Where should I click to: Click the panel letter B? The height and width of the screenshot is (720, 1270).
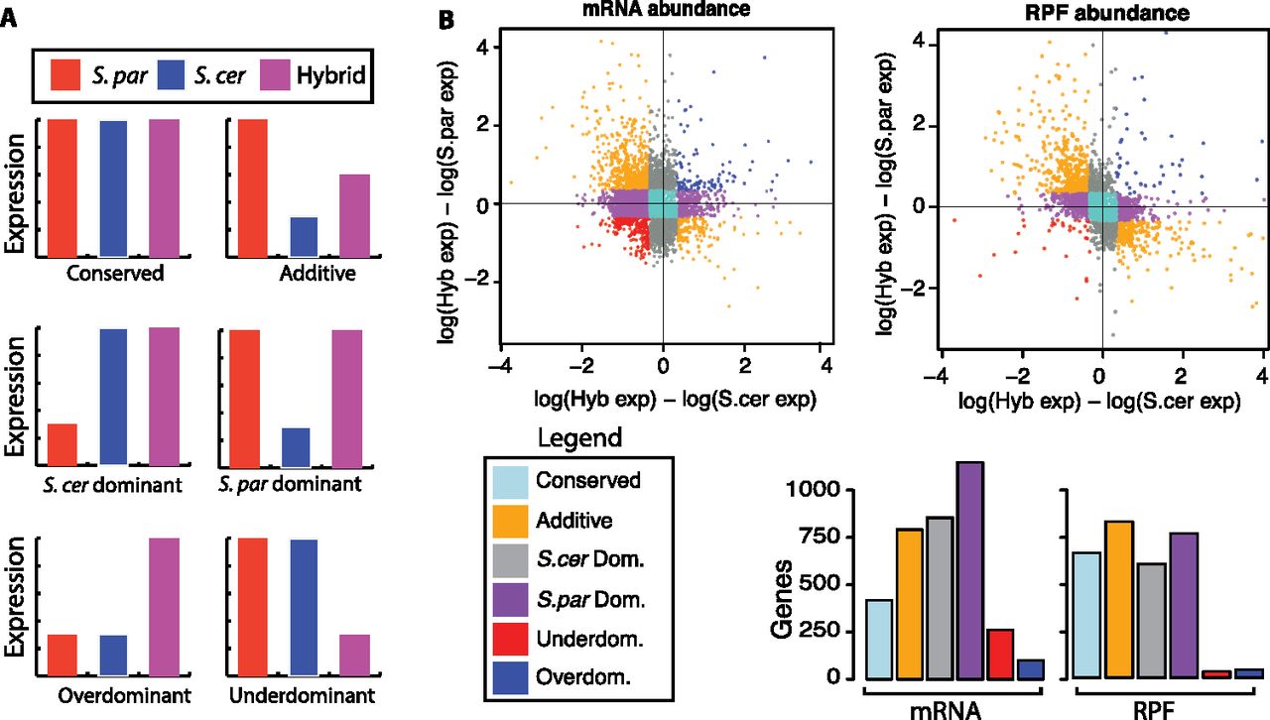click(447, 19)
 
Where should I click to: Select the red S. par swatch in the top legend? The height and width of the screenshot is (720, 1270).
click(67, 73)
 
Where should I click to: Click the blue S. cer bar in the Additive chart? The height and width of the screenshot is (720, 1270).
click(304, 236)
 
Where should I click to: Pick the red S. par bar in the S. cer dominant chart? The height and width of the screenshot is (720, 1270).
click(62, 444)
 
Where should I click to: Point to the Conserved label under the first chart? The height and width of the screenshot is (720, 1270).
click(114, 274)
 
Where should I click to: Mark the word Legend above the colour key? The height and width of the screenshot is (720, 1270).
click(579, 437)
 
